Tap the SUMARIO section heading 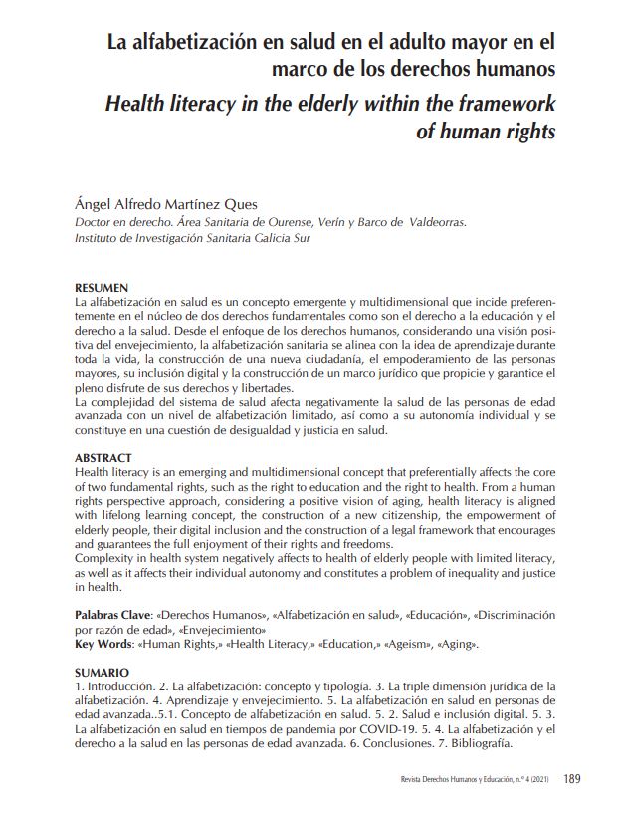[103, 674]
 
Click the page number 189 [572, 779]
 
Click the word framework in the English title [505, 103]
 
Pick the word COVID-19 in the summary [353, 730]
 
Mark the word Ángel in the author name [95, 204]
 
